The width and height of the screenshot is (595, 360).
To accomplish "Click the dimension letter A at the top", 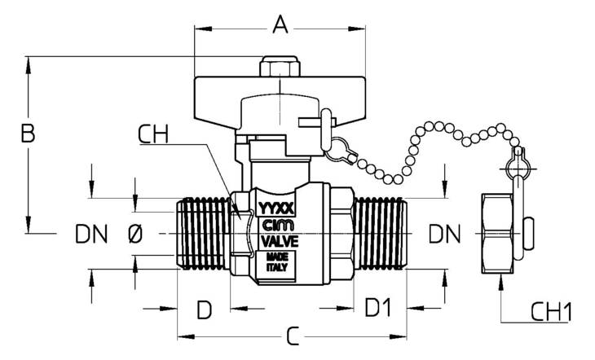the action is coord(280,24).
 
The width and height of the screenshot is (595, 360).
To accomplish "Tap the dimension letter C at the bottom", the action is coord(293,336).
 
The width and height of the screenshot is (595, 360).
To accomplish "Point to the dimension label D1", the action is coord(377,307).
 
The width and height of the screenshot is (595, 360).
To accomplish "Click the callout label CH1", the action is coord(551,312).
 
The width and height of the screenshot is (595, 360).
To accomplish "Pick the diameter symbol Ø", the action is coord(135,233).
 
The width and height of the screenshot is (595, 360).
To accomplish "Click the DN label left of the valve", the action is coord(91,234).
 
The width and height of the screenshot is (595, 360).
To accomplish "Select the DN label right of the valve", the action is coord(444,234).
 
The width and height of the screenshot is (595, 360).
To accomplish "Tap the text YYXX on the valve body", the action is coord(275,208).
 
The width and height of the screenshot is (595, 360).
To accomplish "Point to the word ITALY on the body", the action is coord(276,267).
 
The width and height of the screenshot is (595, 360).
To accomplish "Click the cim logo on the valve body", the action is coord(278,226).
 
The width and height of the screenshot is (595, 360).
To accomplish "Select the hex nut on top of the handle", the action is coord(280,67).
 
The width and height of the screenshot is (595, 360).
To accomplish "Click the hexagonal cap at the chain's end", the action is coord(497,233).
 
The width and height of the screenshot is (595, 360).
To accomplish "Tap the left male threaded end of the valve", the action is coord(204,233).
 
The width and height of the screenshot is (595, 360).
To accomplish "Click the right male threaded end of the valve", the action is coord(380,233).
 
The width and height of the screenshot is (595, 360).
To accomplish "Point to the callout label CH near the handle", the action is coord(152,134).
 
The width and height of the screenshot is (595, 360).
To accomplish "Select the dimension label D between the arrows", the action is coord(204,310).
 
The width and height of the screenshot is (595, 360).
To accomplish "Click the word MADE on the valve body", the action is coord(277,257).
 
